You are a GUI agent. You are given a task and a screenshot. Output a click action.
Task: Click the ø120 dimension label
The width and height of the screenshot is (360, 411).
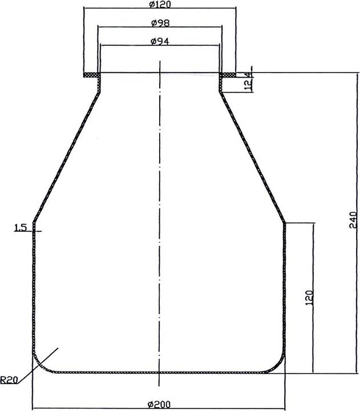pos(160,5)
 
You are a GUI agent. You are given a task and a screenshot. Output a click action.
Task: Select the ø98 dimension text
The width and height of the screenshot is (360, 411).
pos(160,23)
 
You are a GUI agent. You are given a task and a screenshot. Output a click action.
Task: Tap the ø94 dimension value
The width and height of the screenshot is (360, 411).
pos(160,41)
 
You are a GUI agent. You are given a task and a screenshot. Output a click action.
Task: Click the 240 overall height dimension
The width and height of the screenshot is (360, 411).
pos(353,220)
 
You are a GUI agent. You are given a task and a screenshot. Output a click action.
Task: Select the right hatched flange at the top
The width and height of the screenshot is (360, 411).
pos(228,74)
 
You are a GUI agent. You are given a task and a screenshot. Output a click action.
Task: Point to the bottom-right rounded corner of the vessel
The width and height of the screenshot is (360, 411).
pos(278,364)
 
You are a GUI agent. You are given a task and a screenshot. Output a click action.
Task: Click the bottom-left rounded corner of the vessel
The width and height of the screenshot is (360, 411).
pos(40,364)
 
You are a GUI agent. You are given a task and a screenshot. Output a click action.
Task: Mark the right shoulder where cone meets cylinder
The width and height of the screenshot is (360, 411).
pos(284,222)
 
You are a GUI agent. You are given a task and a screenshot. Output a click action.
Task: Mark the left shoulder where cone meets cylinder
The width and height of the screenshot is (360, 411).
pos(34,222)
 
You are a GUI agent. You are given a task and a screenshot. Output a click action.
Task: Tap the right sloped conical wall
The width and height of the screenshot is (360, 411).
pos(254,157)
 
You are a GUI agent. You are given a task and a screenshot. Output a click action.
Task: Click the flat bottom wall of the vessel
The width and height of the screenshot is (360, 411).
pos(159,372)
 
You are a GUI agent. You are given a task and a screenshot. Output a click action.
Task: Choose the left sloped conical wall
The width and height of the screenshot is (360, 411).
pos(64,157)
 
